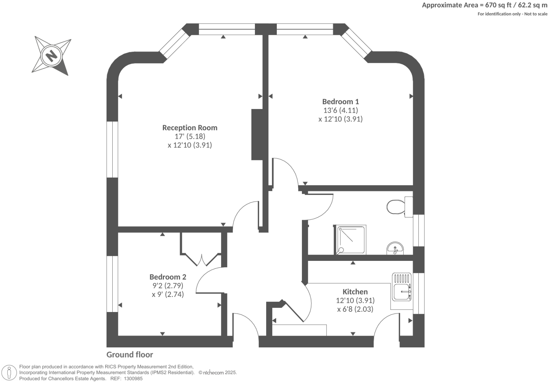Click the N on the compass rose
(52, 56)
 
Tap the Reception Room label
(190, 128)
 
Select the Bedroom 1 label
(340, 102)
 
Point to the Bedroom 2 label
(168, 277)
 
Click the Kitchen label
(355, 292)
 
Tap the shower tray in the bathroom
(350, 240)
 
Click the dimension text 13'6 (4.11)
(340, 110)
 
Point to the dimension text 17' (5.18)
(190, 137)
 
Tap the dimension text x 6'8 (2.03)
(355, 309)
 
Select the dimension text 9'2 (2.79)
(168, 286)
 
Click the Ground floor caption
(130, 355)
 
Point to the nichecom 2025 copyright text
(218, 372)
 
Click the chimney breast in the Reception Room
(257, 134)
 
